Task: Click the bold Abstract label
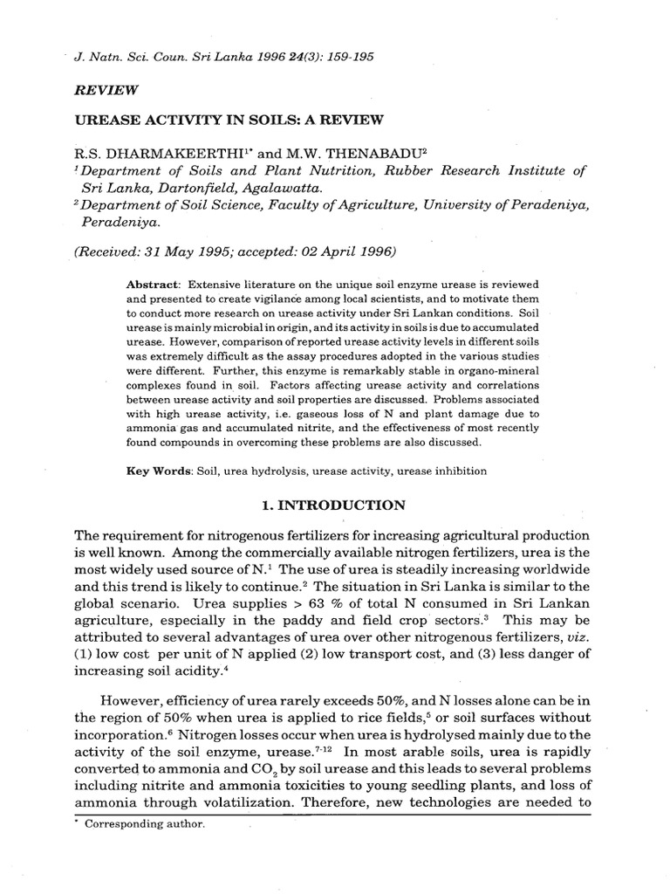pos(152,286)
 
